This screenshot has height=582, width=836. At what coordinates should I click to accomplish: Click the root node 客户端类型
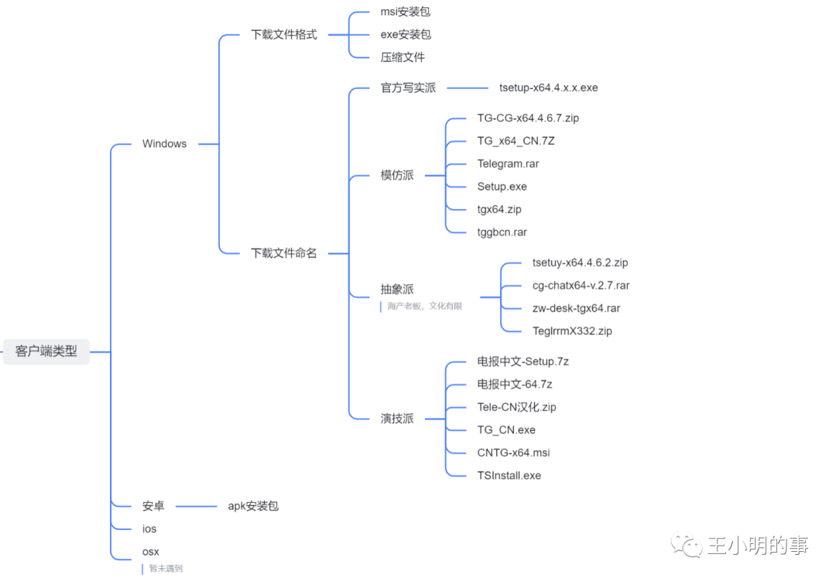coord(46,351)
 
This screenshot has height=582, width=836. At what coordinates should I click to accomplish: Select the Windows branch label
coord(164,144)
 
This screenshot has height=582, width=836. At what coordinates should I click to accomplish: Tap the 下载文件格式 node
coord(283,35)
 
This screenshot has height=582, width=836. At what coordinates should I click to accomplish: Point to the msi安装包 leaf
coord(405,12)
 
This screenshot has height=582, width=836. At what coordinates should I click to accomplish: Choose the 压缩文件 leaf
coord(403,57)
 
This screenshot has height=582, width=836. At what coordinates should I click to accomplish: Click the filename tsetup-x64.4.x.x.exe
coord(548,87)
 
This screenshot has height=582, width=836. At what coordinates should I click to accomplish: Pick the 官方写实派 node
coord(408,88)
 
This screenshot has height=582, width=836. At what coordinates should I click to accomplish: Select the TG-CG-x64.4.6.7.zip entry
coord(528,118)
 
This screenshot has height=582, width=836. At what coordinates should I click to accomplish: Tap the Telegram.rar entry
coord(508,164)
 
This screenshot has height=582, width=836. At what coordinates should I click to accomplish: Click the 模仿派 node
coord(397,175)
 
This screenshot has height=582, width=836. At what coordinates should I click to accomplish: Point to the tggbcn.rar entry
coord(502,232)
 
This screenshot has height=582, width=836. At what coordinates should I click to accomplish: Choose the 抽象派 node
coord(397,289)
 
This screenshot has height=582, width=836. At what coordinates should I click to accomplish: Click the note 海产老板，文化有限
coord(424,306)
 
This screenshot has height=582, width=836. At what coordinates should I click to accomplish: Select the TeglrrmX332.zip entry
coord(572,331)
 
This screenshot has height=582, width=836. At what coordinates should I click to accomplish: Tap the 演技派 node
coord(397,419)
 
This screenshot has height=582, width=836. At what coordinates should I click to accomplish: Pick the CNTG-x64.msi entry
coord(513,453)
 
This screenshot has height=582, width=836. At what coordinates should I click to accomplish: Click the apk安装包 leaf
coord(252,506)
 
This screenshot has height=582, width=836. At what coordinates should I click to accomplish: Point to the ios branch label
coord(149,529)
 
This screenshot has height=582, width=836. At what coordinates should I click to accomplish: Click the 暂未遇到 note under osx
coord(166,569)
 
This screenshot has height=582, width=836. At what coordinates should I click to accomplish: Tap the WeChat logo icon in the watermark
coord(687,546)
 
